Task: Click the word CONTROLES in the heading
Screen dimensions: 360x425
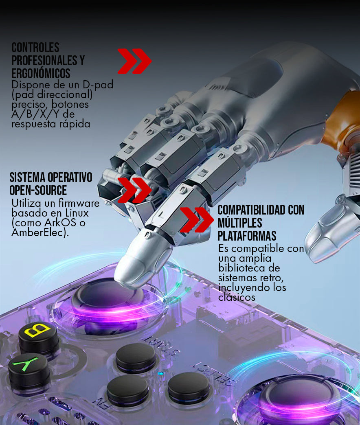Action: tap(35, 48)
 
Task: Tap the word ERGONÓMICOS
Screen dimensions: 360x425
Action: tap(41, 73)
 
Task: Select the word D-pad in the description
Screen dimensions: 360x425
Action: tap(98, 85)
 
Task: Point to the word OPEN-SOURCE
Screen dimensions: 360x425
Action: tap(38, 190)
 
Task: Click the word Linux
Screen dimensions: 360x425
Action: tap(77, 213)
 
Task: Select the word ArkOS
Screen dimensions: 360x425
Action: tap(60, 223)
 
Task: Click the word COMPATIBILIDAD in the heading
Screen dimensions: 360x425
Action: tap(251, 210)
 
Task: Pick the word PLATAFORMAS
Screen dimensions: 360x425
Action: tap(247, 236)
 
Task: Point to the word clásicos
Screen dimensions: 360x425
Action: tap(237, 297)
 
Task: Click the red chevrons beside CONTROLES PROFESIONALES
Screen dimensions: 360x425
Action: tap(134, 61)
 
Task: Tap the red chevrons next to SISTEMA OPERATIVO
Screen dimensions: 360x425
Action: tap(134, 190)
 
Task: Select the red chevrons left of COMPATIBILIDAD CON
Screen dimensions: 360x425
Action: tap(197, 220)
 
